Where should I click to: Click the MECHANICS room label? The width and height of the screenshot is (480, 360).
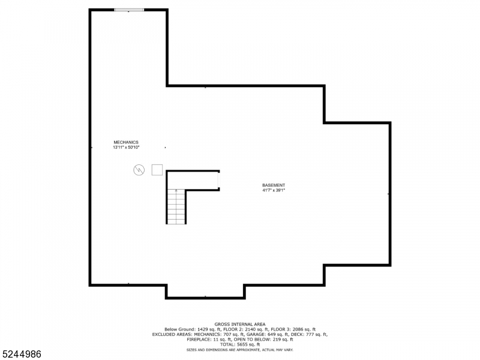point(126,142)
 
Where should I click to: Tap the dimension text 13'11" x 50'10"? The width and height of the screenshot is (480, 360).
point(126,147)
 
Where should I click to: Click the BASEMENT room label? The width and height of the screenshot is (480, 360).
point(274,185)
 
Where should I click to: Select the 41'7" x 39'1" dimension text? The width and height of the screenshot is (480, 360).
point(274,190)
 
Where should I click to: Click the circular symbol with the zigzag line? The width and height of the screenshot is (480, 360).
point(139,170)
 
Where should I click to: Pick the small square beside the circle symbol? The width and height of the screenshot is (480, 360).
point(157,169)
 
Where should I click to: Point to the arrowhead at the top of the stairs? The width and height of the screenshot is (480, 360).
point(176,191)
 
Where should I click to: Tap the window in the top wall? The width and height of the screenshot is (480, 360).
point(129,10)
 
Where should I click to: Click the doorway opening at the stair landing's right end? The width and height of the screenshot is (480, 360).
point(219,180)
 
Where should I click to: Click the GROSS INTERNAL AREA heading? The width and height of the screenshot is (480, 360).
point(240,324)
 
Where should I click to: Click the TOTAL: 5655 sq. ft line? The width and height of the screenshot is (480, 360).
point(240,344)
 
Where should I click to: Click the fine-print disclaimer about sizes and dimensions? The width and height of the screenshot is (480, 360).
point(240,349)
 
